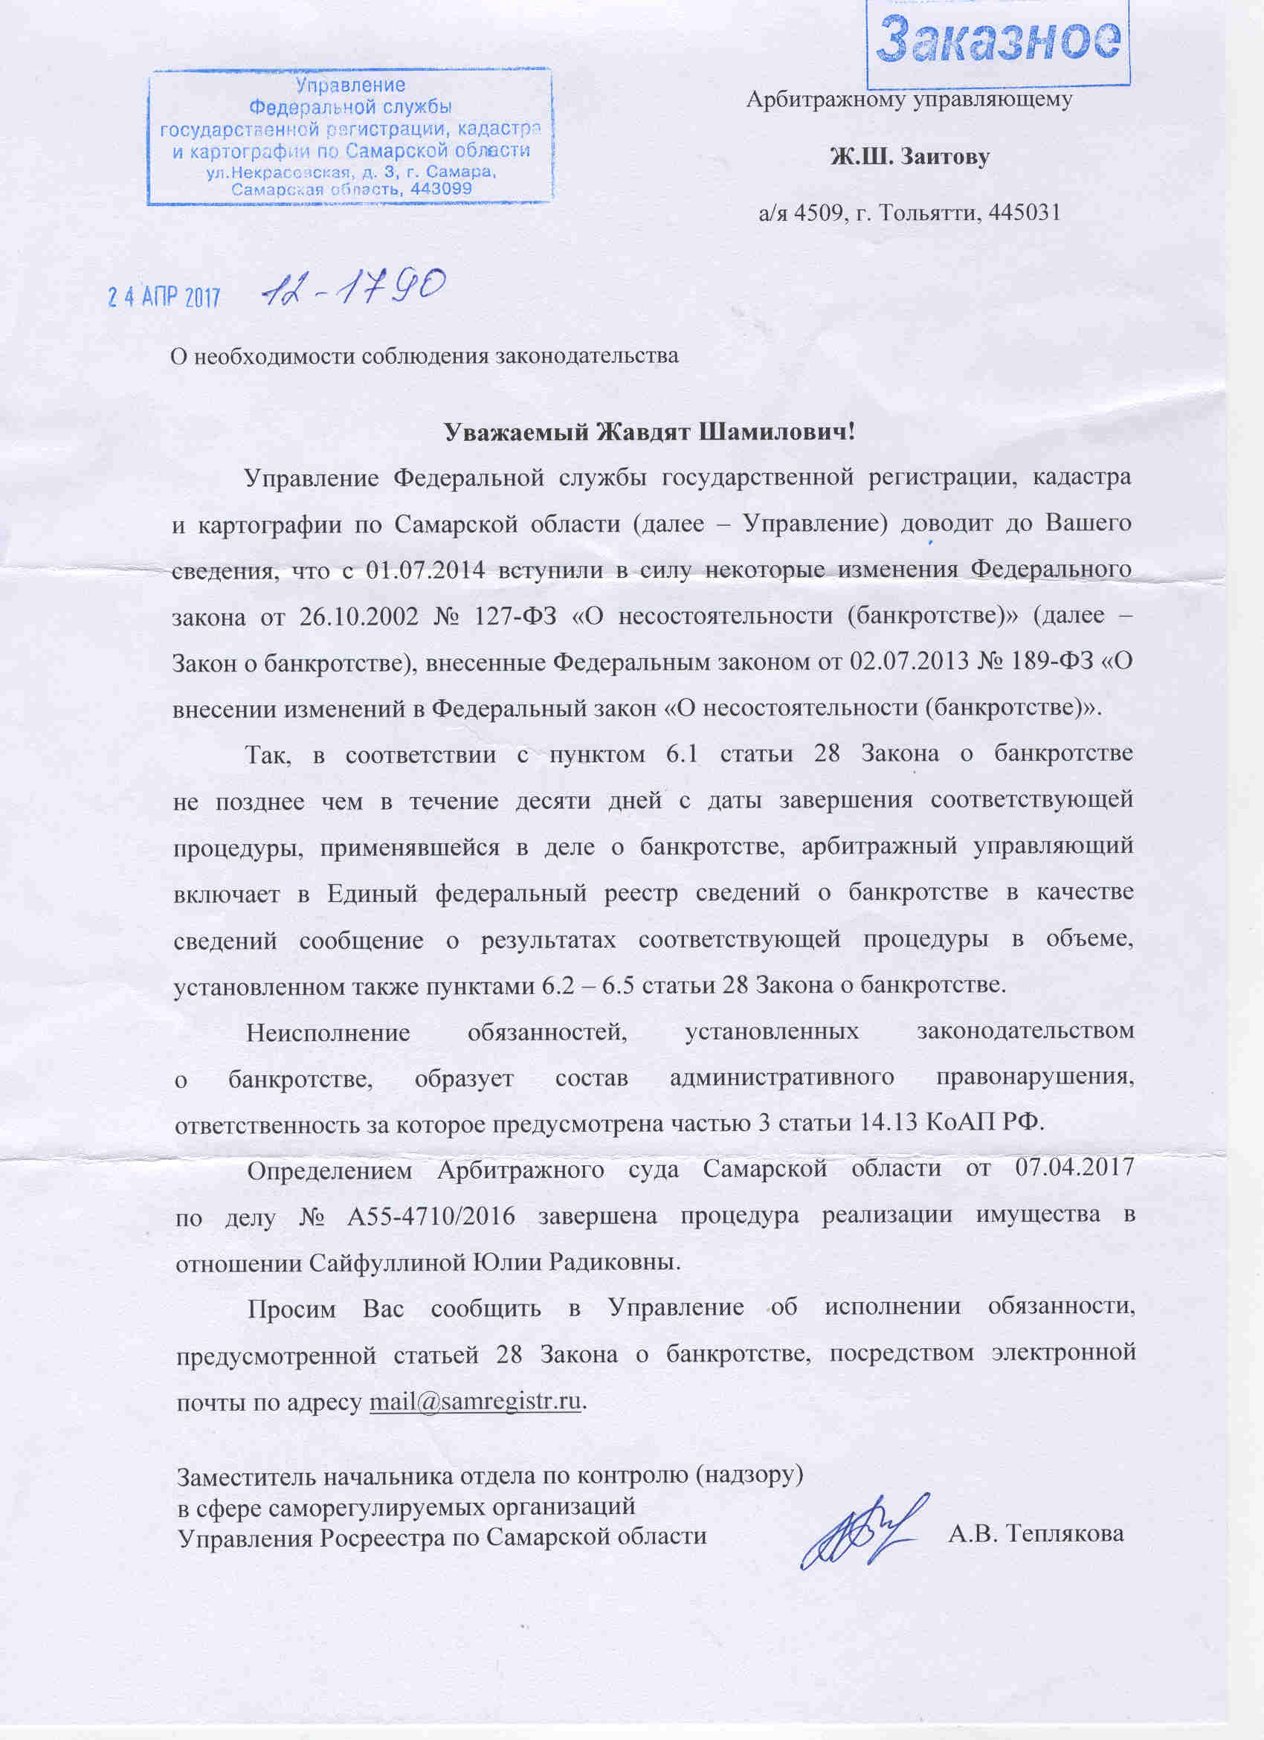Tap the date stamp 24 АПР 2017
tap(164, 297)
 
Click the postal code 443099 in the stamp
tap(442, 188)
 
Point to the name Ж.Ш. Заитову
tap(909, 158)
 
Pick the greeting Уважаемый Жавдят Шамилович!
tap(650, 432)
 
